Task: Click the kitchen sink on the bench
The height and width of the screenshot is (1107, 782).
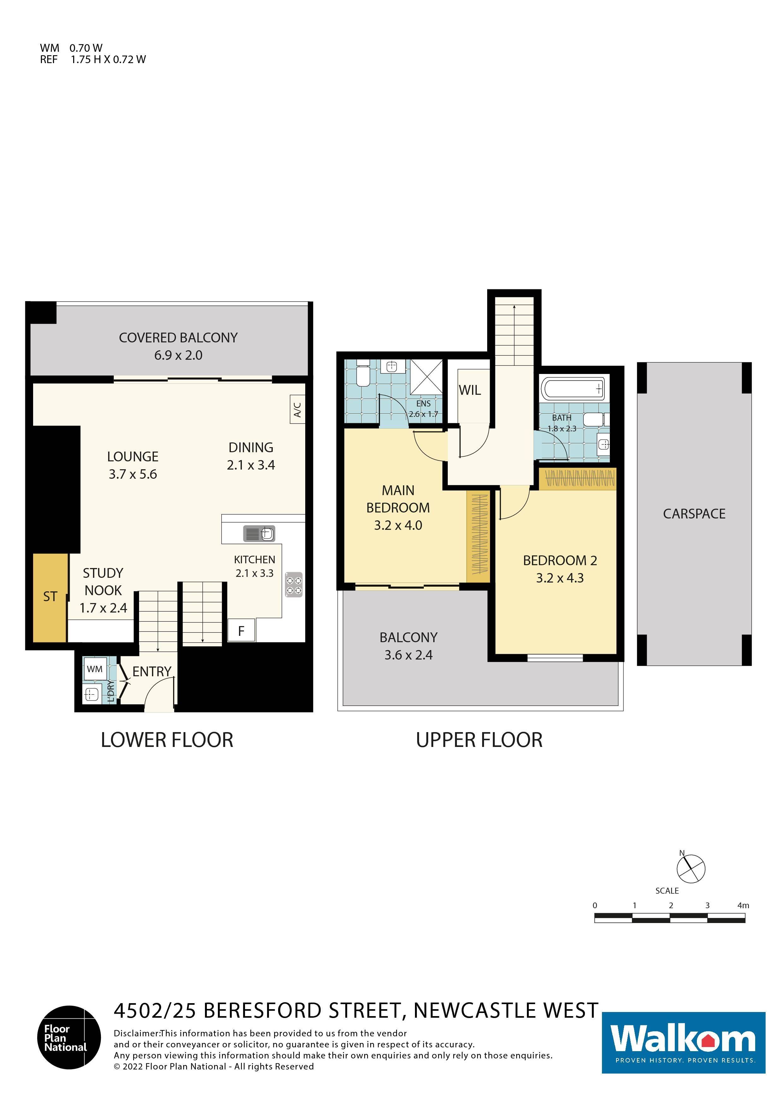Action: (x=259, y=534)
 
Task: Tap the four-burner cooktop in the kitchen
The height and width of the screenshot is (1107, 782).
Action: (x=294, y=584)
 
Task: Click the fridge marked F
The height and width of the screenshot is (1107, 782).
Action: (x=242, y=630)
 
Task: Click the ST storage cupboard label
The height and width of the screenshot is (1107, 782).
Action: (x=50, y=597)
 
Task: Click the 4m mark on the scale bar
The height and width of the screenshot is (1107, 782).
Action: (x=743, y=905)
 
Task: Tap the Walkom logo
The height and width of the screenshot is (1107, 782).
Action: (x=683, y=1043)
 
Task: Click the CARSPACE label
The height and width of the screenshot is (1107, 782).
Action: (x=694, y=514)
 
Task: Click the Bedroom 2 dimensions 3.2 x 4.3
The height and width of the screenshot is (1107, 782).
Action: (x=560, y=578)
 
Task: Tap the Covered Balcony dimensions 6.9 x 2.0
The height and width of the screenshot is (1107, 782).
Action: (x=178, y=355)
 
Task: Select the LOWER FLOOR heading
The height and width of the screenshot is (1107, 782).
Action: (x=167, y=740)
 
